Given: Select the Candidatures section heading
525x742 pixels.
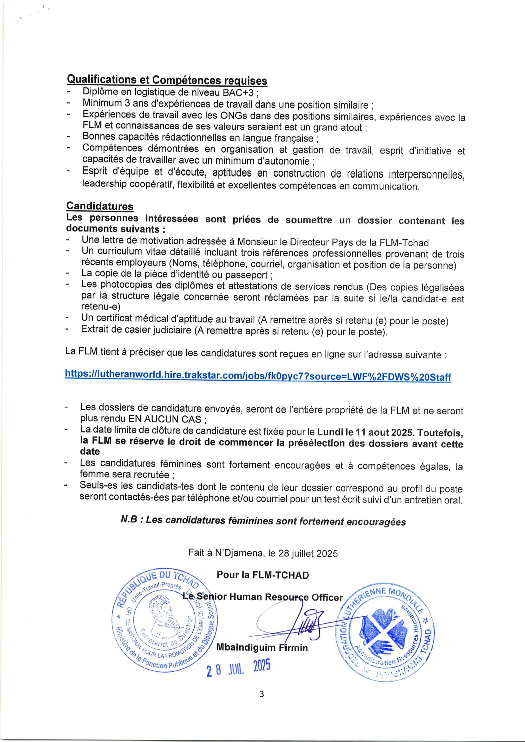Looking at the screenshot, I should (x=100, y=206).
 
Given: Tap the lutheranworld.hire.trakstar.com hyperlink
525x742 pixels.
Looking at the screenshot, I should (x=258, y=376).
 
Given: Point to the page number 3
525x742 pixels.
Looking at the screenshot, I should (x=262, y=694).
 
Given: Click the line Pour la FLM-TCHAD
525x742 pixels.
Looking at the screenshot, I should (x=262, y=575).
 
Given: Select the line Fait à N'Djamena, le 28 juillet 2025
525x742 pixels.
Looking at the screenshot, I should (x=262, y=553).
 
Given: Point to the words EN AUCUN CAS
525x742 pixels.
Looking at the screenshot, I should (x=165, y=419).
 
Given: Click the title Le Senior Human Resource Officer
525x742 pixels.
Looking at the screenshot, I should (x=262, y=597).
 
